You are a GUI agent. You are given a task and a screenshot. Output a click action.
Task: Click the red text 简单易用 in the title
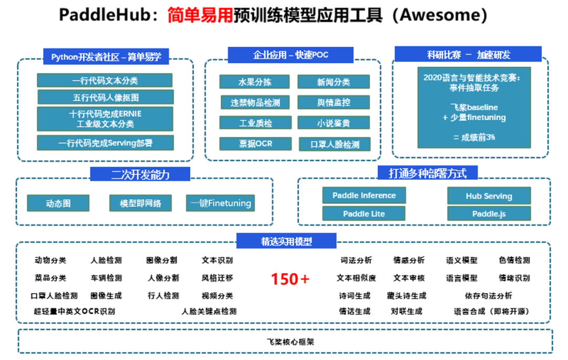pyautogui.click(x=200, y=15)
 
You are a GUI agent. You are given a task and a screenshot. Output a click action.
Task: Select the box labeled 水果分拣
pyautogui.click(x=255, y=82)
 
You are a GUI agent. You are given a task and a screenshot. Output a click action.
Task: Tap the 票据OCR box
pyautogui.click(x=256, y=143)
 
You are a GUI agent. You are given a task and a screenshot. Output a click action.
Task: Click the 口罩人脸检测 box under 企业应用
pyautogui.click(x=334, y=145)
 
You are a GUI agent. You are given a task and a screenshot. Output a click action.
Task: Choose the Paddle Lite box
pyautogui.click(x=364, y=214)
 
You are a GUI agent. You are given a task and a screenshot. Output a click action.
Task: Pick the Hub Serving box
pyautogui.click(x=489, y=196)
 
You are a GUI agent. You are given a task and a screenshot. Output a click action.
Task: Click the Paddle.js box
pyautogui.click(x=489, y=214)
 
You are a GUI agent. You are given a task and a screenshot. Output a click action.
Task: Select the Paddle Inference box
pyautogui.click(x=364, y=196)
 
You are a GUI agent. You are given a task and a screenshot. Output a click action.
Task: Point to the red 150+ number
pyautogui.click(x=290, y=279)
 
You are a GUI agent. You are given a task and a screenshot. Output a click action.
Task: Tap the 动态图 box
pyautogui.click(x=58, y=203)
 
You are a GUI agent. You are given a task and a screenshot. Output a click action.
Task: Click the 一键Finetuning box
pyautogui.click(x=220, y=203)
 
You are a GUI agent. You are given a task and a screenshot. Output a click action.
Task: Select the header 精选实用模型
pyautogui.click(x=286, y=241)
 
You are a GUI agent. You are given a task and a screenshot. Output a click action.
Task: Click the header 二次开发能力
pyautogui.click(x=140, y=174)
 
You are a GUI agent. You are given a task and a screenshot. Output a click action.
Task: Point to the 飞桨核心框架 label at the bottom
pyautogui.click(x=290, y=342)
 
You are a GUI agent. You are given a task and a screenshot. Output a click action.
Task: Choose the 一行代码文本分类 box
pyautogui.click(x=105, y=80)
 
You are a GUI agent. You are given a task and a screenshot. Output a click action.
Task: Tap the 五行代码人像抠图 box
pyautogui.click(x=105, y=97)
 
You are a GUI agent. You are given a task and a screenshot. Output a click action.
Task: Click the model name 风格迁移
pyautogui.click(x=217, y=278)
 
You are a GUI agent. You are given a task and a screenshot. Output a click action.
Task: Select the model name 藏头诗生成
pyautogui.click(x=407, y=295)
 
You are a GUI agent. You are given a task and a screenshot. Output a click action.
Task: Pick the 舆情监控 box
pyautogui.click(x=333, y=102)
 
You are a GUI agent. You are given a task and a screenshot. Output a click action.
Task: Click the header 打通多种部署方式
pyautogui.click(x=428, y=173)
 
